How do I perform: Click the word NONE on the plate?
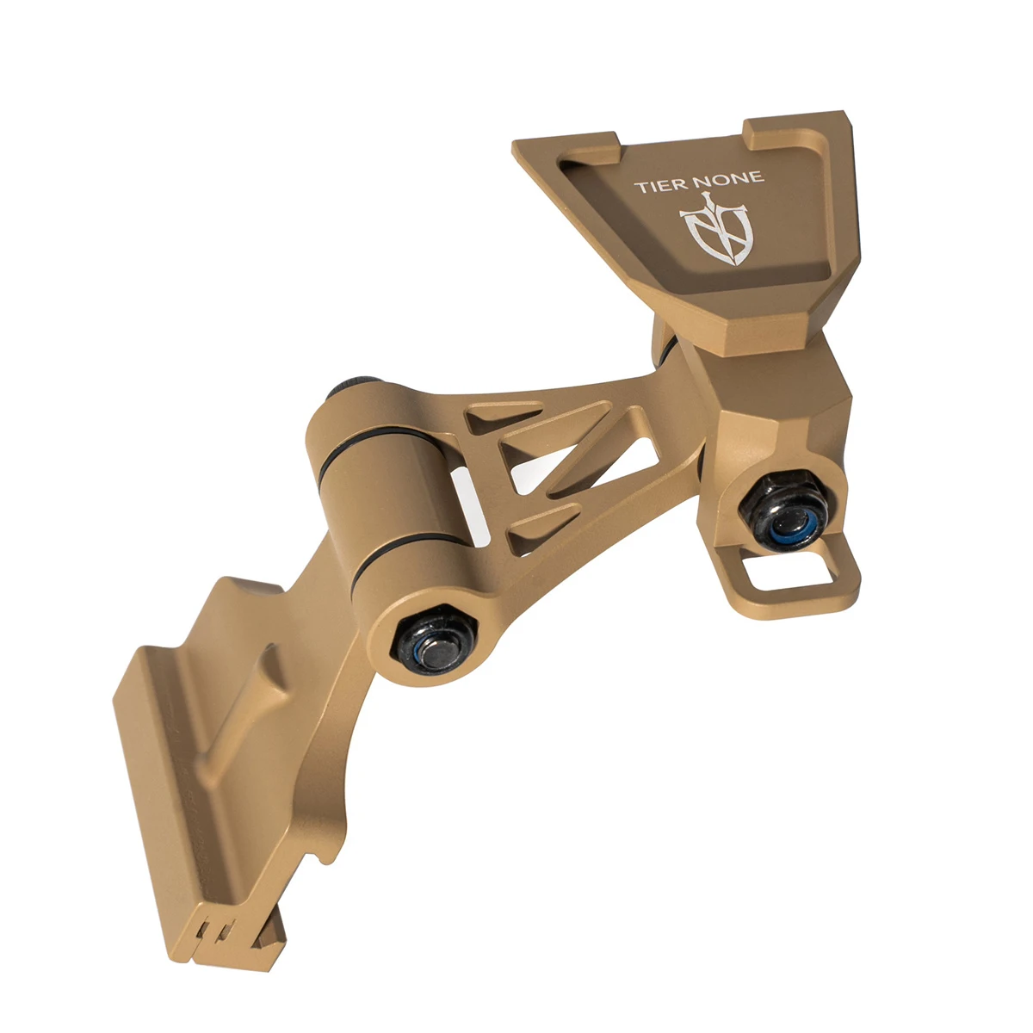click(730, 178)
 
